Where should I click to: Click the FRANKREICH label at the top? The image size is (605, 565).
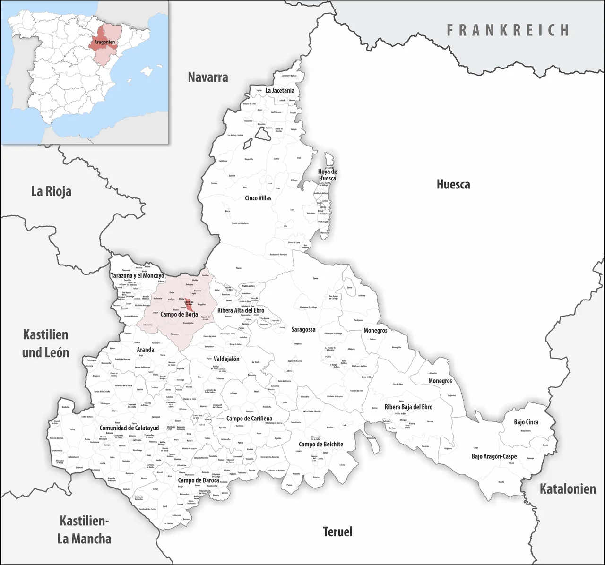(x=508, y=31)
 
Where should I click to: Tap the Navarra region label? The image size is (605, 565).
(x=208, y=77)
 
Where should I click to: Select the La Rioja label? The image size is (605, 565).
(x=51, y=191)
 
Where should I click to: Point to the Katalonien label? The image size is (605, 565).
(x=568, y=489)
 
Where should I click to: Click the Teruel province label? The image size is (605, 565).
(x=337, y=531)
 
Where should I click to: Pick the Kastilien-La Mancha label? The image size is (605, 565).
(x=84, y=530)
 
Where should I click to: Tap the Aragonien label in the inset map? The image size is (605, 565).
(x=104, y=42)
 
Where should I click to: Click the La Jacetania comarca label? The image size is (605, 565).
(x=280, y=90)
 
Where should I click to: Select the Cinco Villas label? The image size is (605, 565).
(x=258, y=198)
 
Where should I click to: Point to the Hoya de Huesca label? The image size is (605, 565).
(x=327, y=175)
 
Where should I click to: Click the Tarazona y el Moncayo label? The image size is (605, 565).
(x=137, y=275)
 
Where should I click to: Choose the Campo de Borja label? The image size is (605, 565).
(x=179, y=314)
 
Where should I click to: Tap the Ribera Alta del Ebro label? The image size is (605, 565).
(x=241, y=311)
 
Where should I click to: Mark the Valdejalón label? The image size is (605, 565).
(x=226, y=359)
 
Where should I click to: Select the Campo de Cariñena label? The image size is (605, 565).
(x=249, y=419)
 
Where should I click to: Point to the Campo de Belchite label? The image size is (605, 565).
(x=321, y=444)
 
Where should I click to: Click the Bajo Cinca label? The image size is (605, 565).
(x=526, y=422)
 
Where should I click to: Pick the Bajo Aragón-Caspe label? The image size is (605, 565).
(x=494, y=456)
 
